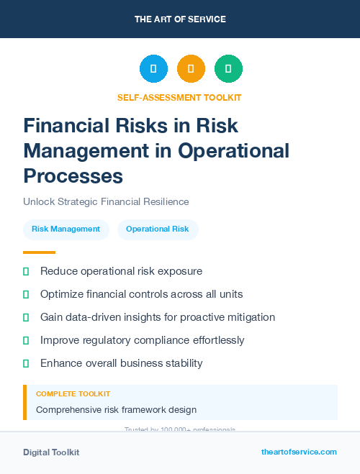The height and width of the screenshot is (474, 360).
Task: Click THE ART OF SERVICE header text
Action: [180, 19]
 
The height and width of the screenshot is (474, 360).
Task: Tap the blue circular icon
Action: [153, 69]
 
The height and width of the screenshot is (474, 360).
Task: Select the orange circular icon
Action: [191, 69]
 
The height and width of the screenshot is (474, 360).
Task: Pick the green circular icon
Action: [228, 69]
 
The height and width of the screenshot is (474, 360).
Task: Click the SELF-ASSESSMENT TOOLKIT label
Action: [179, 97]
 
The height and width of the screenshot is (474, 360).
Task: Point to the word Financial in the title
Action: [67, 126]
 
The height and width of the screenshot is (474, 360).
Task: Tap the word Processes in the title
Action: [73, 176]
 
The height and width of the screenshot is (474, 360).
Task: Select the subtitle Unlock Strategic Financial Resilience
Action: [106, 202]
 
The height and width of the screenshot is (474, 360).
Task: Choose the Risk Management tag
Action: [66, 229]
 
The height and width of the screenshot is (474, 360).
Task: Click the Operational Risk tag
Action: [157, 229]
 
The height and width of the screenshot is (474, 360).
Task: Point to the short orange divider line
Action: [39, 252]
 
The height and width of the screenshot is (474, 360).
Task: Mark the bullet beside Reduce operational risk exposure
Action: [26, 272]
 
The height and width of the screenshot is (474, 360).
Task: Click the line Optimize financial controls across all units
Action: [141, 294]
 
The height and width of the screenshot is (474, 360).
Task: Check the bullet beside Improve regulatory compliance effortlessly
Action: [26, 340]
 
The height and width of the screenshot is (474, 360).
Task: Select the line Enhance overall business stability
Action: [121, 363]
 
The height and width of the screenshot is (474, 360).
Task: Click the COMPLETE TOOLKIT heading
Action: [73, 394]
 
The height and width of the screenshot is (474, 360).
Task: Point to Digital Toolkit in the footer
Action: [51, 452]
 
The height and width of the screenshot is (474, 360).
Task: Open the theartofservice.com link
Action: [299, 452]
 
